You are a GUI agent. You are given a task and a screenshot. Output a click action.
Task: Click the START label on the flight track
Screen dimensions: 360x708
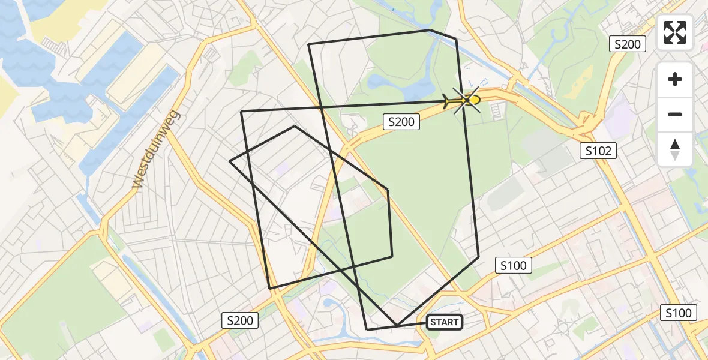click(x=444, y=322)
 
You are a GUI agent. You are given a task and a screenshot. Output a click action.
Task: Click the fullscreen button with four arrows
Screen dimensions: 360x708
click(x=675, y=32)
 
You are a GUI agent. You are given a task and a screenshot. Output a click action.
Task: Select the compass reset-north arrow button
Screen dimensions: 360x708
click(x=675, y=149)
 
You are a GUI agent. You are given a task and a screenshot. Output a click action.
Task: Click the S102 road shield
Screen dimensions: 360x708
click(x=599, y=151)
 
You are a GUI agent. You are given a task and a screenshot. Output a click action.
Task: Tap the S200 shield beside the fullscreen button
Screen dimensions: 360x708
click(x=628, y=44)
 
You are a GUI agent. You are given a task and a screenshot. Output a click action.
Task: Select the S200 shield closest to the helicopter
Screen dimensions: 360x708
click(x=401, y=122)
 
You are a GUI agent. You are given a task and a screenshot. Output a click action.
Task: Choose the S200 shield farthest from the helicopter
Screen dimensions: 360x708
click(x=240, y=320)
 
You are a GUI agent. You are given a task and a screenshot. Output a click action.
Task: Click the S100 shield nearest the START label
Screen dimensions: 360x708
click(x=513, y=265)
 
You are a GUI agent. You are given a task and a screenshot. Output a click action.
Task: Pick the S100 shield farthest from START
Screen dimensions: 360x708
click(x=679, y=312)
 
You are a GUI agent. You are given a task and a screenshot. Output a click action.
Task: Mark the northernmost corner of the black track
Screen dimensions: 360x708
click(x=430, y=29)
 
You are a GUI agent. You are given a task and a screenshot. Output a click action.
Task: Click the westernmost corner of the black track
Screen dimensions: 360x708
click(x=230, y=161)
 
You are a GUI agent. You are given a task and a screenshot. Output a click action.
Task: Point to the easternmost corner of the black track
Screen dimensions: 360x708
click(x=479, y=257)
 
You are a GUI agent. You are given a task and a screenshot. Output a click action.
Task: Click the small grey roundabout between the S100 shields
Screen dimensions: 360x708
click(x=564, y=327)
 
